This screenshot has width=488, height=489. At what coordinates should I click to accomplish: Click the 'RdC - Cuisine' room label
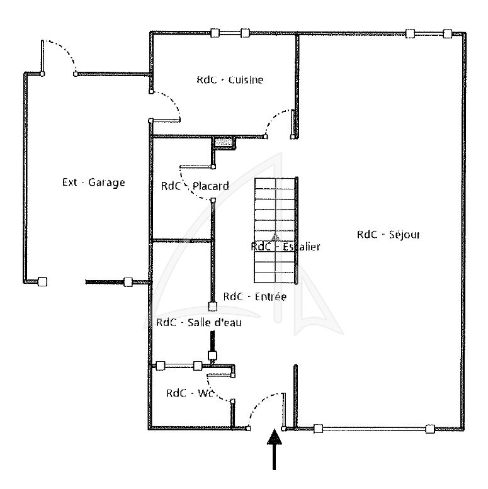230,80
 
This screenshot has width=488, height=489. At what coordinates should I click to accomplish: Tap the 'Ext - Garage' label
94,182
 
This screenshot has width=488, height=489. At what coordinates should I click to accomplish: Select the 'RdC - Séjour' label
389,235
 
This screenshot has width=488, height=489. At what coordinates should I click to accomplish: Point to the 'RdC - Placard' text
195,186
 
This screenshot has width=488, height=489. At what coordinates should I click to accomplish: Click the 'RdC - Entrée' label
255,296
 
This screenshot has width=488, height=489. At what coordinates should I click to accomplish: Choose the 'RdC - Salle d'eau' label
199,322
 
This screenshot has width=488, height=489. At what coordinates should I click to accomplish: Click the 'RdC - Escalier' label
285,247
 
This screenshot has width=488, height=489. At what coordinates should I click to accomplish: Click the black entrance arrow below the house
275,449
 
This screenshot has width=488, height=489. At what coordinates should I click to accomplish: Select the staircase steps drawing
275,230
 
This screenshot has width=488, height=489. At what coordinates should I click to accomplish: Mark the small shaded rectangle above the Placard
224,143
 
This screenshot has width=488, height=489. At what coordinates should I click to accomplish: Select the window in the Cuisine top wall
230,33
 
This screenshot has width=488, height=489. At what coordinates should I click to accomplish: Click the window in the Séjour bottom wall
374,429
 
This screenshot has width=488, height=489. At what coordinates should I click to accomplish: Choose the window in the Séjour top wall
429,33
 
